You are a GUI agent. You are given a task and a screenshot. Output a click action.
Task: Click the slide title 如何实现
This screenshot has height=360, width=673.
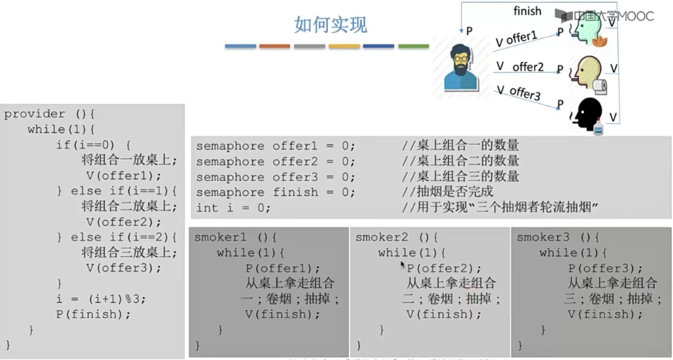[x=330, y=25]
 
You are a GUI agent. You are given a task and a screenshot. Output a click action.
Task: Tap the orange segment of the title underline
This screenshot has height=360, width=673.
[x=274, y=46]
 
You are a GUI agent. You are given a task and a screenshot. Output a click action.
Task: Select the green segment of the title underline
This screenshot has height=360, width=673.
[x=413, y=46]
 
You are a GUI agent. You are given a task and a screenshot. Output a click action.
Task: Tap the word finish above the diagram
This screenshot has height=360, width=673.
[x=527, y=11]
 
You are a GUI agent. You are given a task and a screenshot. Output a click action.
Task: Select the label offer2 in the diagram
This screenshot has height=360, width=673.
[x=528, y=67]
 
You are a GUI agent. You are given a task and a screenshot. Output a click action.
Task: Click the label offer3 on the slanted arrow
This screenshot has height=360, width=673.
[x=525, y=93]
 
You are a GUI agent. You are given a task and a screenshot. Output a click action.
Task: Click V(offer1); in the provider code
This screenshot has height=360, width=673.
[x=124, y=176]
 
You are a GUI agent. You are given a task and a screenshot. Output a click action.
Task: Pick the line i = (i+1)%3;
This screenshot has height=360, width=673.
[x=101, y=299]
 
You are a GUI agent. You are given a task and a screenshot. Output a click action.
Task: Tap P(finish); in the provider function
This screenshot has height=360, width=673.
[x=93, y=314]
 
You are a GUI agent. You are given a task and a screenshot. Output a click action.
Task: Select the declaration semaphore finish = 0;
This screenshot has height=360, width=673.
[x=275, y=192]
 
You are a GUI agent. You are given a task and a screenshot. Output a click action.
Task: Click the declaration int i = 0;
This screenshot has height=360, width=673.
[x=233, y=208]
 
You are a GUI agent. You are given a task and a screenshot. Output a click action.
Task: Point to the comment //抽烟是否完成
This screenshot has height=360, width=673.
[x=447, y=192]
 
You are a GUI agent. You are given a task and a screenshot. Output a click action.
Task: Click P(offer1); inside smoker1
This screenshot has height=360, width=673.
[x=282, y=269]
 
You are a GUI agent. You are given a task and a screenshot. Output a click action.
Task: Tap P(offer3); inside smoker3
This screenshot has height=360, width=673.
[x=605, y=269]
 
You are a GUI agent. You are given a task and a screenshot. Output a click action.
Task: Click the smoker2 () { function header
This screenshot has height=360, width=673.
[x=397, y=237]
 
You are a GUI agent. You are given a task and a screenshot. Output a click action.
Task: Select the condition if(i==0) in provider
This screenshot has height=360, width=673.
[x=85, y=145]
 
